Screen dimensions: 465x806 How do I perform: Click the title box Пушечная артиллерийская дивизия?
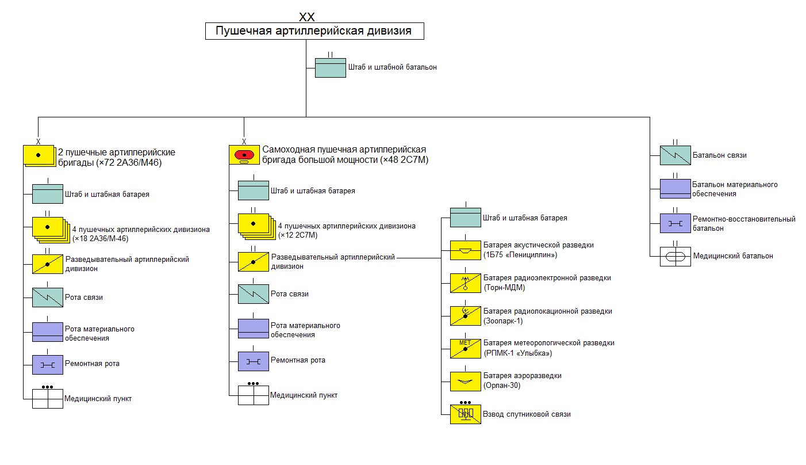[314, 31]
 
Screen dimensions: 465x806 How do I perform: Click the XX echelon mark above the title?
[307, 17]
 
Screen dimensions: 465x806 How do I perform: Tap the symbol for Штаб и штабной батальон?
[330, 68]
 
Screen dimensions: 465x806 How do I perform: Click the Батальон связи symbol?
[675, 155]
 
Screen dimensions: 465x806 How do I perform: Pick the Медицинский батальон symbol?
[675, 256]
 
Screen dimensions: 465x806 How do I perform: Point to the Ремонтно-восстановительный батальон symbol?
[675, 223]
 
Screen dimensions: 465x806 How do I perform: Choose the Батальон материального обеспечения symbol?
[675, 189]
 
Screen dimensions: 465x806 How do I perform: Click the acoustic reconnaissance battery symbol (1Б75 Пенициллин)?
[465, 250]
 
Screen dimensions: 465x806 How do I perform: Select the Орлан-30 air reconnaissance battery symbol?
[465, 381]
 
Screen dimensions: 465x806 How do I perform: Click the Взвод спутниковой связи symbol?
[465, 414]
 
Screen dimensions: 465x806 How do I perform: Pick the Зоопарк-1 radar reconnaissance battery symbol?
[465, 316]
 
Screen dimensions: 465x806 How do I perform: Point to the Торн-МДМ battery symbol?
[465, 283]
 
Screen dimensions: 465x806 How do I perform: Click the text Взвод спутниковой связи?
[527, 414]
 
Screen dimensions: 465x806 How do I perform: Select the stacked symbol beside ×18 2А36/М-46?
[49, 228]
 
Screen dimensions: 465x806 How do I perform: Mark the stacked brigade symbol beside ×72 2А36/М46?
[40, 156]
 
